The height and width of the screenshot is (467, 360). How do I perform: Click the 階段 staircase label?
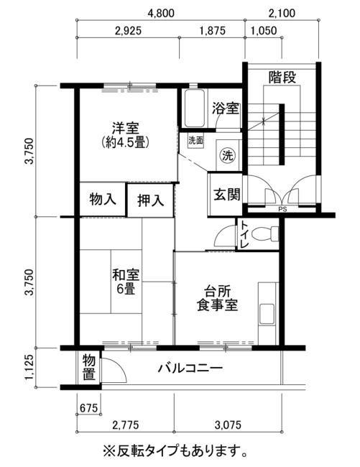282,78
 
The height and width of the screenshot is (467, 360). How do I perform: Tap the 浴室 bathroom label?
226,108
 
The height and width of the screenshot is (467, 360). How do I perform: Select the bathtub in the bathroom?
195,108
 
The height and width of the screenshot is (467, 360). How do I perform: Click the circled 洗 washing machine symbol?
228,155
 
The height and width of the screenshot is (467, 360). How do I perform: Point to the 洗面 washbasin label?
195,141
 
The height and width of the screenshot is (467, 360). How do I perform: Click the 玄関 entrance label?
227,195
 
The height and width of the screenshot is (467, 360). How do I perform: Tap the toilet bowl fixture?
264,233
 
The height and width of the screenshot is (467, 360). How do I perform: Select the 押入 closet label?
151,200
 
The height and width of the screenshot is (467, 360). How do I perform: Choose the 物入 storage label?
103,199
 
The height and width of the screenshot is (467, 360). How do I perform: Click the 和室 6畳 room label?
126,282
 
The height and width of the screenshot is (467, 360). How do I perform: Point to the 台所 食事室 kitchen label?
217,298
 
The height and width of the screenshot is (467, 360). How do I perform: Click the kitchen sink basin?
267,314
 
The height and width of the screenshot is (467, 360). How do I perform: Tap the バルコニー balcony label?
190,369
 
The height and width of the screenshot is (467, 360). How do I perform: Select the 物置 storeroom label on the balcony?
88,368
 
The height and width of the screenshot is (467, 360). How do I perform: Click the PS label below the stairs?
282,209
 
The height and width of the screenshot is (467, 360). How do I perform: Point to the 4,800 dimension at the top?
161,14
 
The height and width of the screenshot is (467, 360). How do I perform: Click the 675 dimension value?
88,408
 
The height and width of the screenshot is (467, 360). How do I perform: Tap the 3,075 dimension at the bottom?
228,425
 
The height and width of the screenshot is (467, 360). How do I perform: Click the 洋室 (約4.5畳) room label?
125,135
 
